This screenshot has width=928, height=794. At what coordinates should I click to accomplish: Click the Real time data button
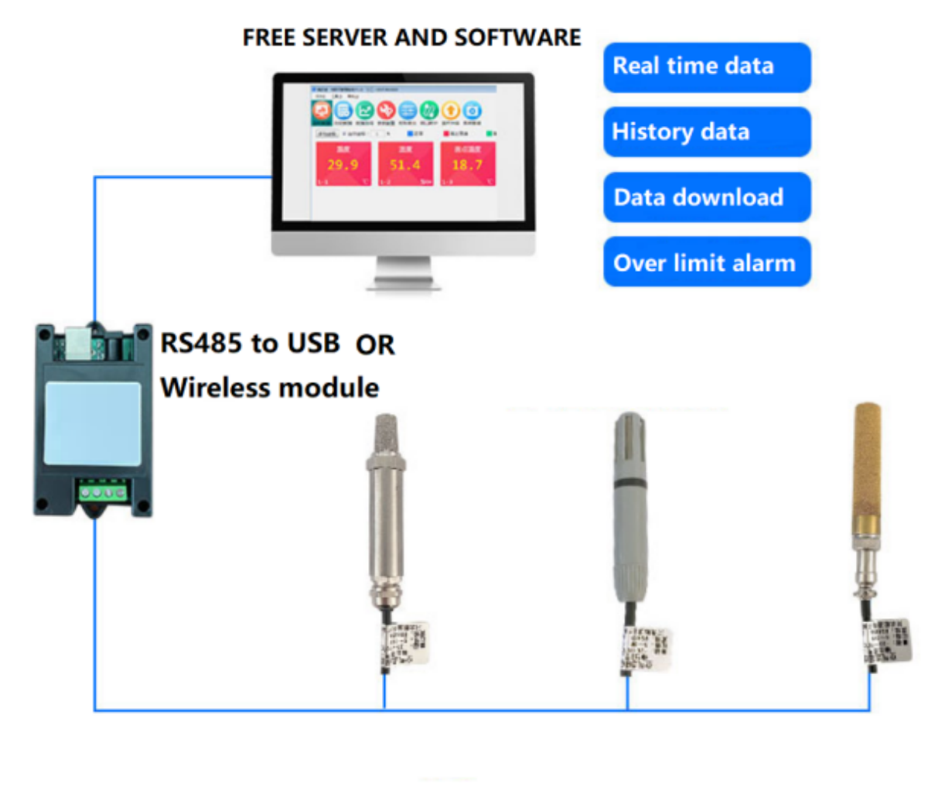[706, 67]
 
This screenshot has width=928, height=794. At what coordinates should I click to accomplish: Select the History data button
[706, 132]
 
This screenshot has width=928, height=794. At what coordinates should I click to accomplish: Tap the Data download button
[706, 197]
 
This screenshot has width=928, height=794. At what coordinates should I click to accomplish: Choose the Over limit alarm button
[706, 263]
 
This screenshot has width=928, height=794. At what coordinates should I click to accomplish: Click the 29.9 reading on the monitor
[343, 165]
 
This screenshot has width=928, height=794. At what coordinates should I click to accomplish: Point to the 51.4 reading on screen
[404, 165]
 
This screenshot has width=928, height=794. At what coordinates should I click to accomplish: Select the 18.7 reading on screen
[467, 165]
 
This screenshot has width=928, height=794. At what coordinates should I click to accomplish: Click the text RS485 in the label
[201, 342]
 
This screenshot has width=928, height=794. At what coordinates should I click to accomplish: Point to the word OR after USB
[375, 345]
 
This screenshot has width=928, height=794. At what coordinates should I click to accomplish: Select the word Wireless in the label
[215, 387]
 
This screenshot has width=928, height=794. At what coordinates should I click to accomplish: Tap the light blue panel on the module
[93, 423]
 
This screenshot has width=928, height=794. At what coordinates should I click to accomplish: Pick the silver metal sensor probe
[384, 511]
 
